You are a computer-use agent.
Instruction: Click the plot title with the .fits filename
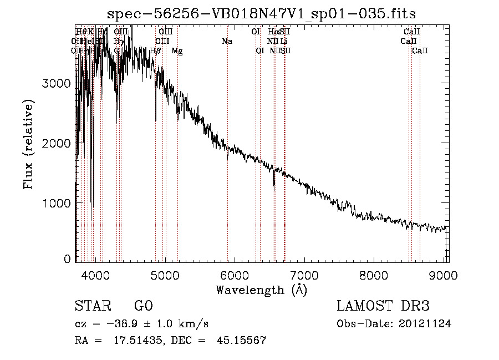[x=261, y=13]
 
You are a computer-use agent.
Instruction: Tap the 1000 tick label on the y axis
[x=56, y=203]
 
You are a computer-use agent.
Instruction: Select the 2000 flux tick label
[x=56, y=143]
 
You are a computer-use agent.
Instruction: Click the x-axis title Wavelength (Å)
[x=261, y=290]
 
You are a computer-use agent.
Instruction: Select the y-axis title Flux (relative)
[x=28, y=144]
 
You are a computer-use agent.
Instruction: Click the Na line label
[x=227, y=42]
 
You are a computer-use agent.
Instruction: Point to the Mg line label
[x=177, y=51]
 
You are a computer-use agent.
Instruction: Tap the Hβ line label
[x=155, y=51]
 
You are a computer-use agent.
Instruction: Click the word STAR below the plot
[x=92, y=306]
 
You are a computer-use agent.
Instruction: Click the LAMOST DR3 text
[x=383, y=306]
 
